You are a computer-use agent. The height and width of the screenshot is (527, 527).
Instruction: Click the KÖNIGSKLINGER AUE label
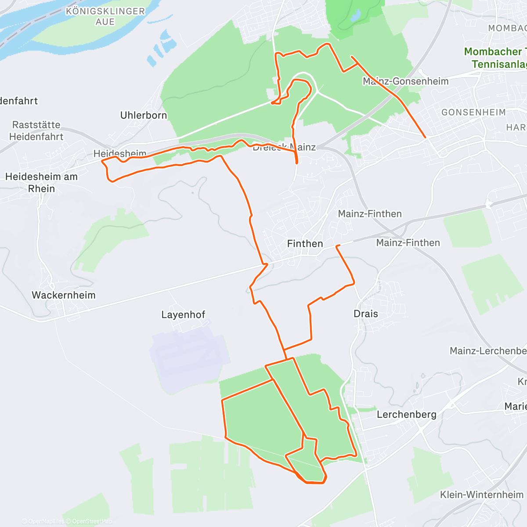105,16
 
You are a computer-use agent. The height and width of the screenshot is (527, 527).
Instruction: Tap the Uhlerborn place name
144,115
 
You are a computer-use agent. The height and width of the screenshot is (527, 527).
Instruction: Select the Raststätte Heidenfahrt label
36,130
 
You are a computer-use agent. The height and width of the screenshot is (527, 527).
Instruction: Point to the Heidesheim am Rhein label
41,182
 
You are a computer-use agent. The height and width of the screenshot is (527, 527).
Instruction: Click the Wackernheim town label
64,295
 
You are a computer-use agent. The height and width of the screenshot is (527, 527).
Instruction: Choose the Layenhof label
183,314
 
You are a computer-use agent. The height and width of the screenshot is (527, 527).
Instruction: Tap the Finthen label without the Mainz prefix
305,244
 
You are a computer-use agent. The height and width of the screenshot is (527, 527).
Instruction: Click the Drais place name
366,314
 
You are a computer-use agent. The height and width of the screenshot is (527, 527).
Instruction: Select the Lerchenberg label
407,414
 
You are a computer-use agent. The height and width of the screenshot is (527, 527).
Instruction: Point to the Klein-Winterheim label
482,495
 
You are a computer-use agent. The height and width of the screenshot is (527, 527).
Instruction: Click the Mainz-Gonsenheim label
406,81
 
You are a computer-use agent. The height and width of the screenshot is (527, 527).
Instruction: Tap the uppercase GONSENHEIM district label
473,112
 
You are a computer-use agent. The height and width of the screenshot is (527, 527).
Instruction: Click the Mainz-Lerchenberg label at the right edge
488,351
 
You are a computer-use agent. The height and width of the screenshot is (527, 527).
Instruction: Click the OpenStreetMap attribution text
92,521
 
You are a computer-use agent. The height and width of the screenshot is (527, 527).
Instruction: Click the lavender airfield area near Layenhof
189,351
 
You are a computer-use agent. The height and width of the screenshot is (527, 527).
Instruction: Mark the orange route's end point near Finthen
337,246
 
